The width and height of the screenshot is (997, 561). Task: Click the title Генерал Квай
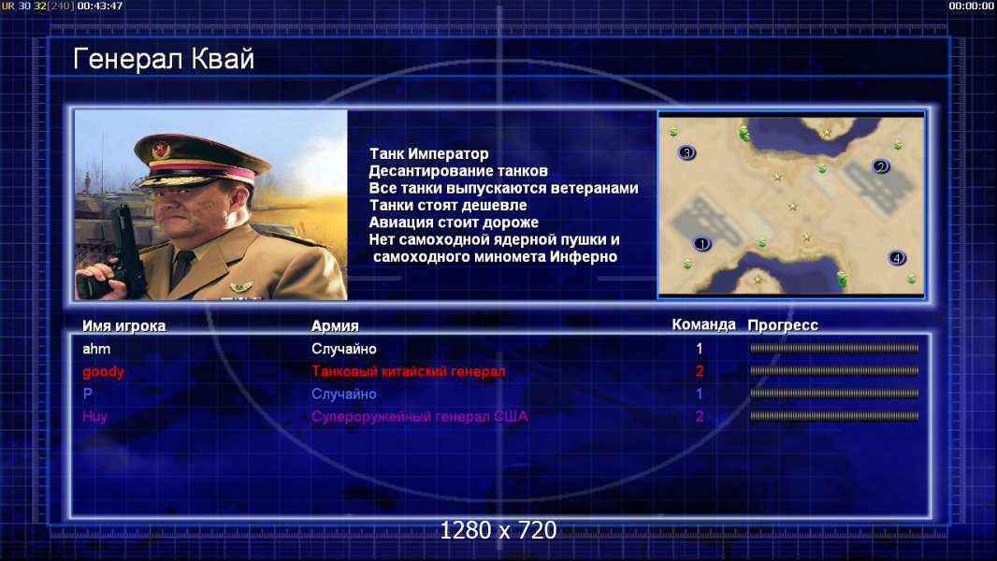[164, 59]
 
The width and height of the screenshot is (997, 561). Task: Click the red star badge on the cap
[162, 150]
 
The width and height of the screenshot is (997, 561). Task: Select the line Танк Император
[429, 153]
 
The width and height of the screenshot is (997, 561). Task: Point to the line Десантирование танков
[458, 171]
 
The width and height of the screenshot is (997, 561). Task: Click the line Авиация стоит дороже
[454, 223]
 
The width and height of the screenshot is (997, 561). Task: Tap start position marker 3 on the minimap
[686, 152]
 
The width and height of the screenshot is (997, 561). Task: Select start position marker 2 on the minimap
[881, 166]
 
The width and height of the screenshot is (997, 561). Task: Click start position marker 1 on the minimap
[702, 243]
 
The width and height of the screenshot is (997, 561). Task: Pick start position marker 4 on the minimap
[897, 258]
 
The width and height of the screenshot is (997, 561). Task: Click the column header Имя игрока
[124, 326]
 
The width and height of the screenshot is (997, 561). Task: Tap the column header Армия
[335, 326]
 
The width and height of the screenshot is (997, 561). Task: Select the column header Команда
[704, 324]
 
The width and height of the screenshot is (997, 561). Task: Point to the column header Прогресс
[783, 325]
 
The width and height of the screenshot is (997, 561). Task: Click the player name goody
[103, 372]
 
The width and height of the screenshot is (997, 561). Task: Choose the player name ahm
[96, 349]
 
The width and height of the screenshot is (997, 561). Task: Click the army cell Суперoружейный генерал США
[420, 417]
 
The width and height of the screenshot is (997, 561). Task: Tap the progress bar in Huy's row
[834, 416]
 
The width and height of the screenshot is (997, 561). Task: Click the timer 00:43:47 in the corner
[100, 6]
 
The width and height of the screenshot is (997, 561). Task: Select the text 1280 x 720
[498, 530]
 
